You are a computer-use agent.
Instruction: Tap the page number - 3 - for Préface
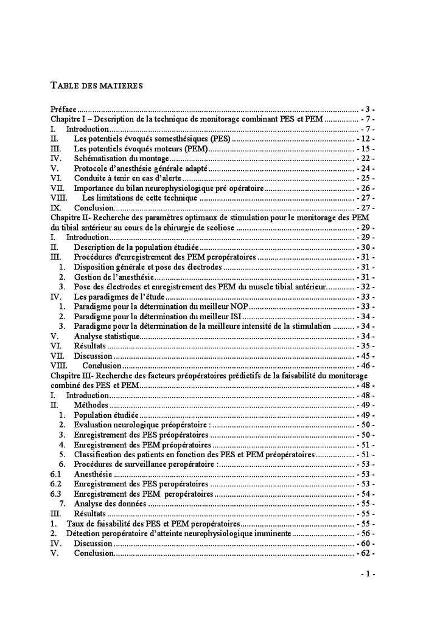pos(368,109)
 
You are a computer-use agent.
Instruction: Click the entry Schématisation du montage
pos(121,158)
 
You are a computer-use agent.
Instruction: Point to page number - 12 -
pos(365,139)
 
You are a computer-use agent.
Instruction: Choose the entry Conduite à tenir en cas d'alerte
pos(128,178)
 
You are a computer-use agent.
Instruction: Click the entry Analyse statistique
pos(106,336)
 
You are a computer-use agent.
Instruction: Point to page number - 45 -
pos(365,356)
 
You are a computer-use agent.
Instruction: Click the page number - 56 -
pos(365,533)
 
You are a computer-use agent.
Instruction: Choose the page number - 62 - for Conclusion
pos(365,553)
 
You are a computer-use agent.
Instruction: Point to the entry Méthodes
pos(91,405)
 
